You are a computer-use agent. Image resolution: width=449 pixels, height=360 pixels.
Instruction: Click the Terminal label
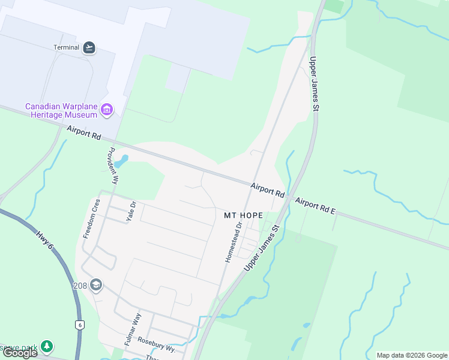tap(66, 48)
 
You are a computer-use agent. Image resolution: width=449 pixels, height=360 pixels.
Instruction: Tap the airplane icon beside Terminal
tap(89, 48)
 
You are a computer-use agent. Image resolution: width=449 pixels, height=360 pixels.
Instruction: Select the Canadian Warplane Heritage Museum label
tap(61, 110)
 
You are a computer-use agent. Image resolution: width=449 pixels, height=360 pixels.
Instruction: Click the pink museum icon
tap(107, 110)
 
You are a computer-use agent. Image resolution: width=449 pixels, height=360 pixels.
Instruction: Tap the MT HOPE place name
tap(243, 215)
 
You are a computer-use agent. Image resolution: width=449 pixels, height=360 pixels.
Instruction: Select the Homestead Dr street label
tap(233, 242)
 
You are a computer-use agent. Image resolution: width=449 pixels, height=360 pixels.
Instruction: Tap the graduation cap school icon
tap(96, 286)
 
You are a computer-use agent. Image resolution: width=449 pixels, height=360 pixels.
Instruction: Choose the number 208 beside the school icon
tap(80, 286)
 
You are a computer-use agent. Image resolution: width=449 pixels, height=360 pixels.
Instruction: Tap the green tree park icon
tap(47, 347)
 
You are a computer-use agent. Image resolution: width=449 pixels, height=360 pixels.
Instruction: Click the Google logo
tap(20, 353)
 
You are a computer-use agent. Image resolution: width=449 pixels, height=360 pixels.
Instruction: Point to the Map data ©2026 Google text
tap(412, 355)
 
